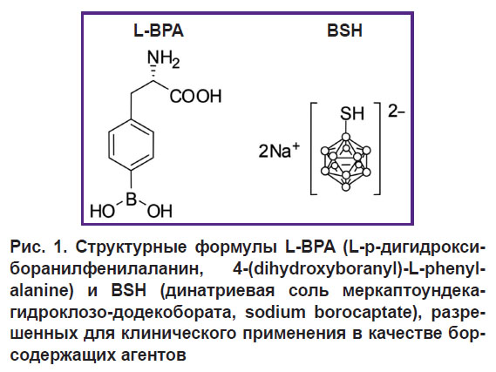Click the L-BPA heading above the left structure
click(x=159, y=31)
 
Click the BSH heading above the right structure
click(x=344, y=31)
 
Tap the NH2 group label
click(x=164, y=59)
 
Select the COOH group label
click(x=195, y=96)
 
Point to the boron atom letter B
click(x=132, y=200)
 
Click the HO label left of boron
click(x=102, y=211)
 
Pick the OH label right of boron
click(x=160, y=211)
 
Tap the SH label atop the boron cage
click(x=352, y=113)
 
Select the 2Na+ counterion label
click(x=279, y=150)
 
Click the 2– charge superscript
click(x=396, y=112)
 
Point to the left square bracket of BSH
click(x=311, y=148)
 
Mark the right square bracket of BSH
click(x=378, y=148)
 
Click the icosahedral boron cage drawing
click(x=346, y=162)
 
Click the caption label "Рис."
click(x=26, y=247)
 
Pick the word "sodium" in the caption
click(x=275, y=313)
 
